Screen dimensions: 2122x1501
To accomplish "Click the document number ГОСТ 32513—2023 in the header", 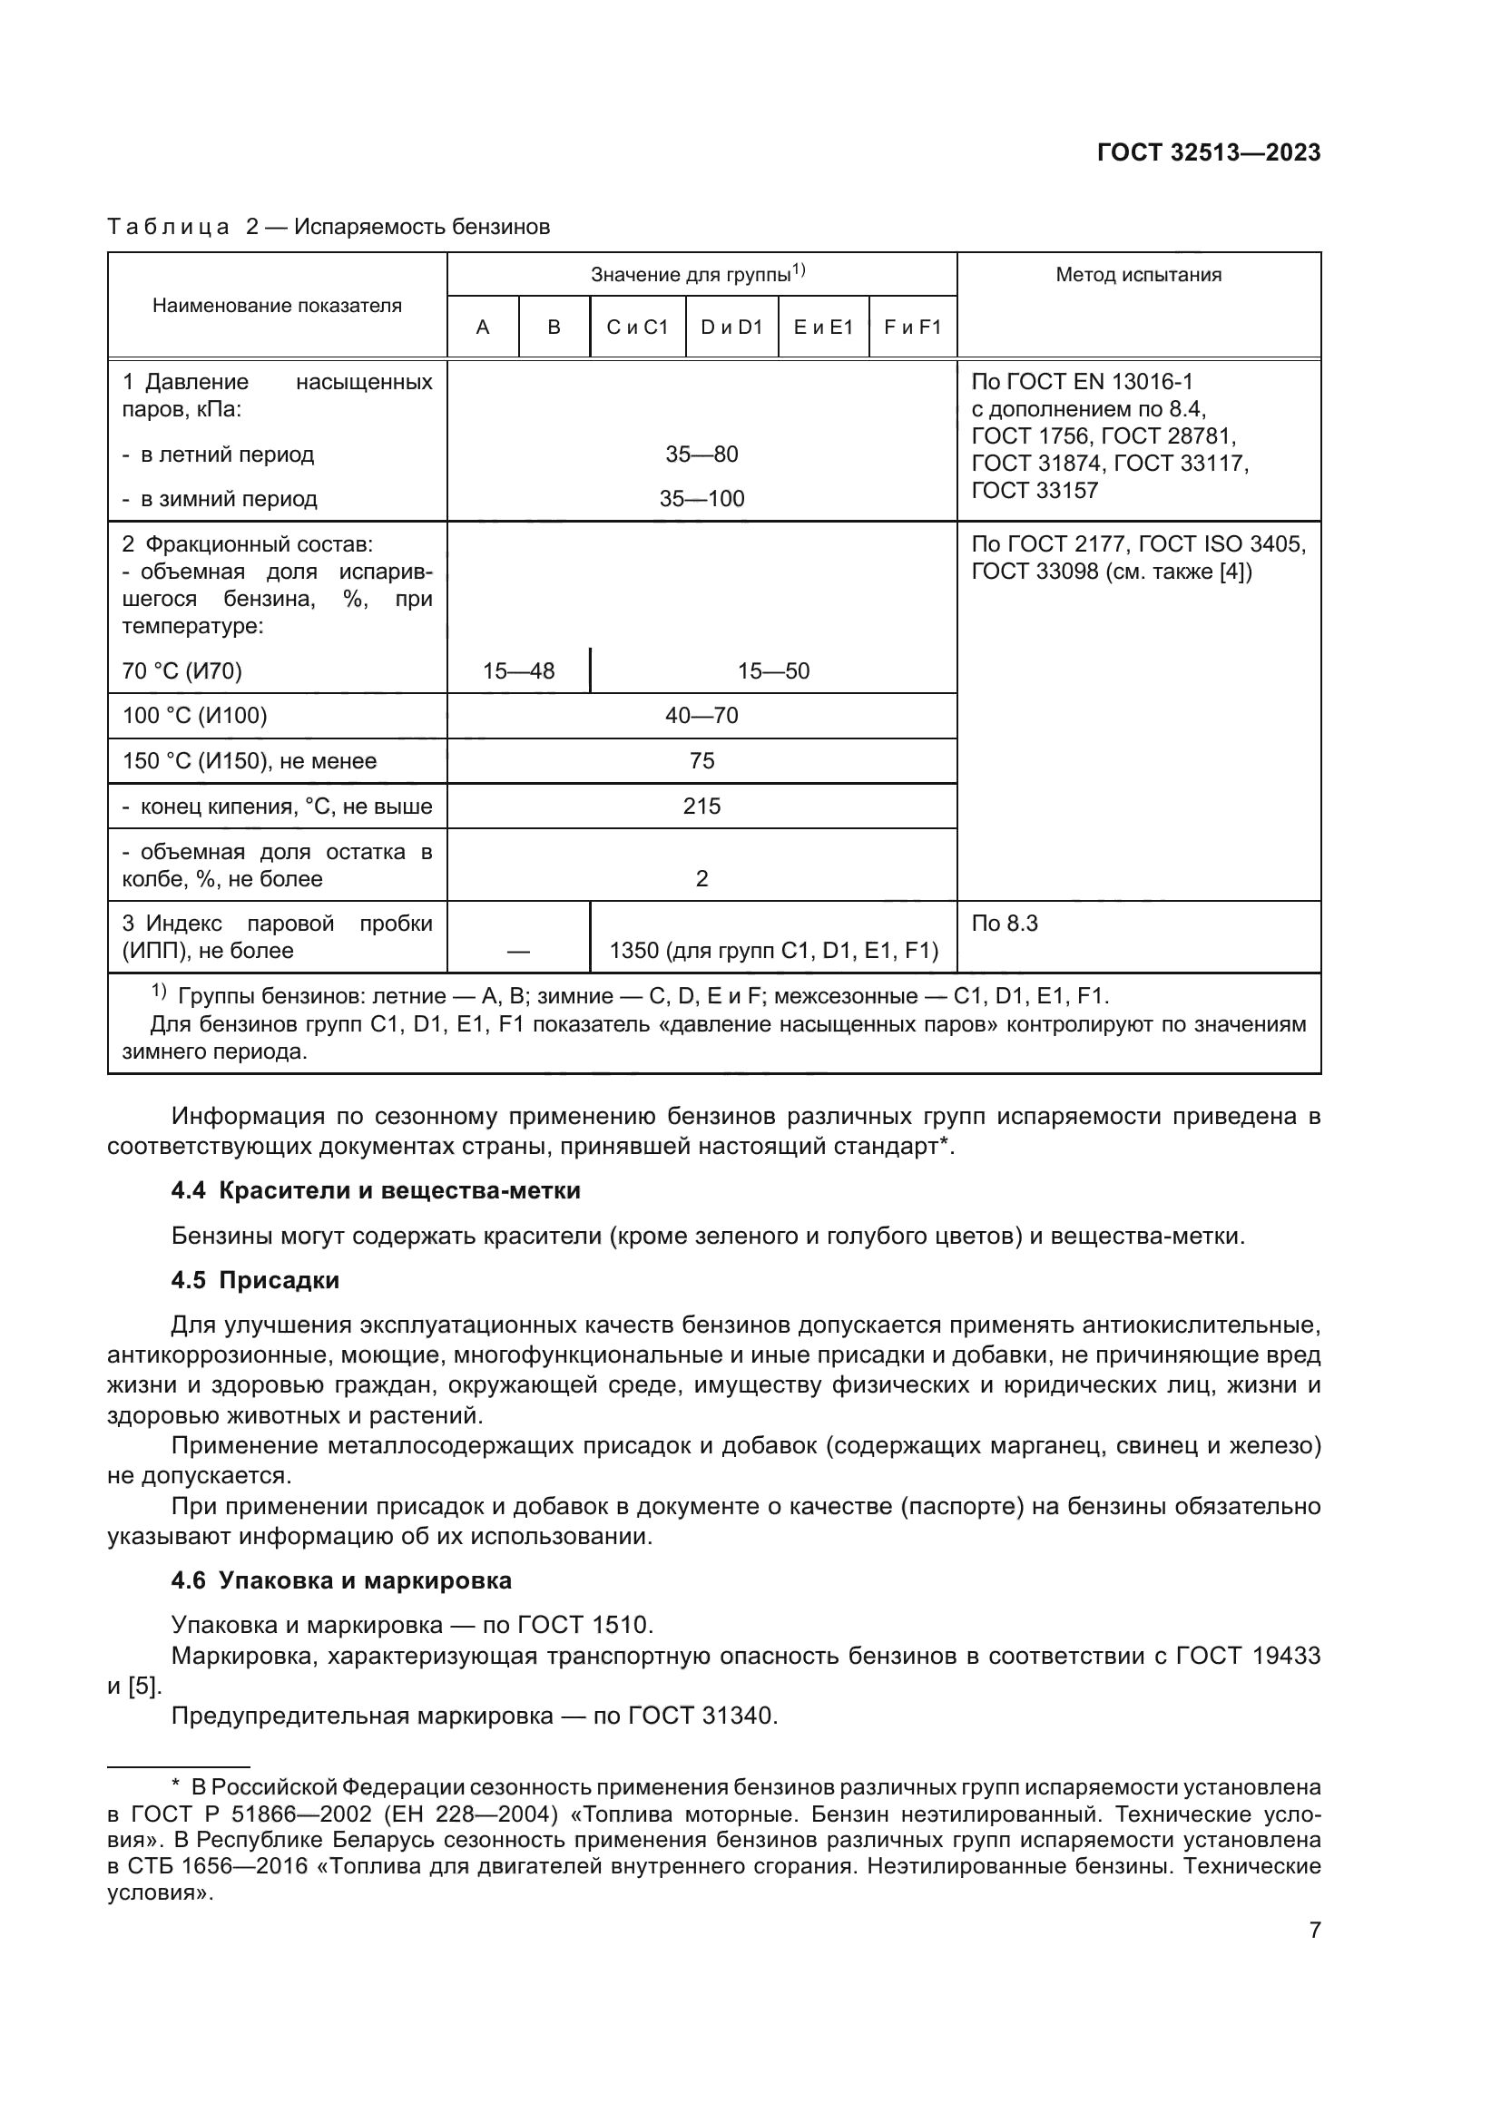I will coord(1208,153).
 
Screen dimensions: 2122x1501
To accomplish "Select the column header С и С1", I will coord(637,328).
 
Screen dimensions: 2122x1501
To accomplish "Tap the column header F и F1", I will coord(912,328).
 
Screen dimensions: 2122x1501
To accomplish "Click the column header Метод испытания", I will coord(1138,275).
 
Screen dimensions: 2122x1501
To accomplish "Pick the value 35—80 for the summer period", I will coord(701,455).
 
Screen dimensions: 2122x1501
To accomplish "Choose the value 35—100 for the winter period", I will coord(701,499).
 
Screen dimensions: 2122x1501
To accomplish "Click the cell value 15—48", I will coord(518,671).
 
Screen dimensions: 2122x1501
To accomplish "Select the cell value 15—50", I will coord(772,671).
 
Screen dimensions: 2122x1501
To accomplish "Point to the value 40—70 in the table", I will coord(701,715).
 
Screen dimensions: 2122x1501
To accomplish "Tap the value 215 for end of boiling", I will coord(701,806).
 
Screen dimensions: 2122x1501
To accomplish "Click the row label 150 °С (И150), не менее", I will coord(250,760).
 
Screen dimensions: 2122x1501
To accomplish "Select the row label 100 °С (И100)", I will coord(194,715).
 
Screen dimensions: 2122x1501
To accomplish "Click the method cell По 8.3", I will coord(1005,924).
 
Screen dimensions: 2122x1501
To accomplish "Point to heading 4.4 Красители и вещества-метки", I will coord(376,1190).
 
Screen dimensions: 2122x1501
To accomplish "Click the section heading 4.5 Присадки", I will coord(255,1280).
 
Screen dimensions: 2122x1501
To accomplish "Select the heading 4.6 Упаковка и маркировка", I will coord(341,1580).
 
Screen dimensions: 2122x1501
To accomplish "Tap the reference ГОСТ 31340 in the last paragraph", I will coord(701,1716).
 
